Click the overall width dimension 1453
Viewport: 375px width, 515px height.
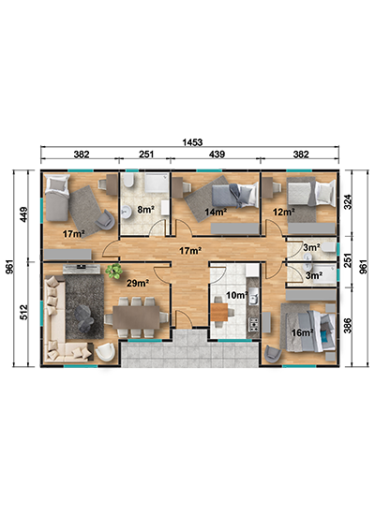(x=192, y=142)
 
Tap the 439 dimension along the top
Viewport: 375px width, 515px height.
(x=217, y=154)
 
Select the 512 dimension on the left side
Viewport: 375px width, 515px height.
(x=24, y=312)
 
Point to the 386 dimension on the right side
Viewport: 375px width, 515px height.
(x=348, y=326)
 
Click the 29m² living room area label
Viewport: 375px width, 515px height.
(x=138, y=283)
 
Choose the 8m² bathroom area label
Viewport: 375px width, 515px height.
(x=145, y=209)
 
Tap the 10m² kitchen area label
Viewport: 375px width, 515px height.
(x=237, y=295)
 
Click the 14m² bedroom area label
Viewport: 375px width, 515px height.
(x=216, y=212)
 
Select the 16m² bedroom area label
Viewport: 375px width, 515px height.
(x=302, y=332)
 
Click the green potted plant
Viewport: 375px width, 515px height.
(x=114, y=272)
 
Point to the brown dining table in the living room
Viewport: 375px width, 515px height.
(x=136, y=316)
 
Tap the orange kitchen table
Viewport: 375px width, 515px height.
(x=219, y=313)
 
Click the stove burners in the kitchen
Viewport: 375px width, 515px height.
(x=254, y=325)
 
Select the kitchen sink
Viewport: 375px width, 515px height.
(x=253, y=296)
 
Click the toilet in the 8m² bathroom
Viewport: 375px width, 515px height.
(x=128, y=181)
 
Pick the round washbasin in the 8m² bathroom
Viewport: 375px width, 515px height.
(x=126, y=213)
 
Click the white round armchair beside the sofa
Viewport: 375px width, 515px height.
(x=105, y=352)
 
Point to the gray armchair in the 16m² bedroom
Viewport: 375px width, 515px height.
(x=273, y=354)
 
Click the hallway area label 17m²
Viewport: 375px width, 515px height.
(x=190, y=251)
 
